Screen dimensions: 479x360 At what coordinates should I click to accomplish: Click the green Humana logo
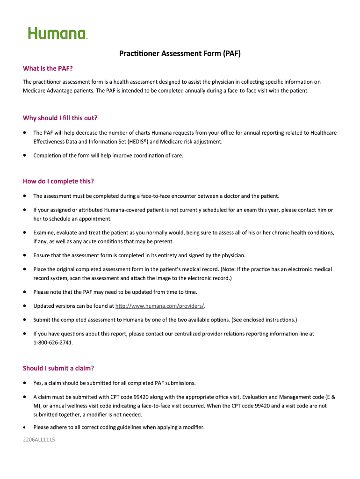[58, 33]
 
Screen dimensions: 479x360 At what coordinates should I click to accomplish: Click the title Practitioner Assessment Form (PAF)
[180, 53]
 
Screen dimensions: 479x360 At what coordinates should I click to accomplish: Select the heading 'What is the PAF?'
[48, 69]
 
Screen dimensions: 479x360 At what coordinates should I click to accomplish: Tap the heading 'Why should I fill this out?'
[60, 118]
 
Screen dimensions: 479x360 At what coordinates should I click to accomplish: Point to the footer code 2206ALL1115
[39, 440]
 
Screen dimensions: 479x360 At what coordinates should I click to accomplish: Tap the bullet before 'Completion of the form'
[24, 155]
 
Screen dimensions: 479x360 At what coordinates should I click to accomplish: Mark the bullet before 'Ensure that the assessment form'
[24, 255]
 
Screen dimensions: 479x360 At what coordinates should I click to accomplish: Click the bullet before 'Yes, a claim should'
[24, 383]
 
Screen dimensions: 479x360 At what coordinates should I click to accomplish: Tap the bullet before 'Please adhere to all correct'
[24, 427]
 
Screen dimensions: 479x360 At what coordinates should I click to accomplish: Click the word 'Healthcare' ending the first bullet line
[323, 133]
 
